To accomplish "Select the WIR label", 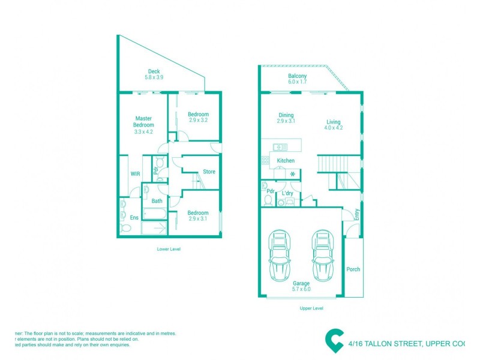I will tap(136, 174).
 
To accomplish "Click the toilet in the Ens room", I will tap(124, 228).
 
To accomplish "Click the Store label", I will tap(209, 172).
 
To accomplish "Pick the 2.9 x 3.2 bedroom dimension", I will tap(198, 121).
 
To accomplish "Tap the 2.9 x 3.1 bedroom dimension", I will tap(198, 219).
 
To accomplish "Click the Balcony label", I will tap(297, 76).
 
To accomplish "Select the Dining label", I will tap(286, 115).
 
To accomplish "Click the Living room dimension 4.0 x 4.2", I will tap(333, 128).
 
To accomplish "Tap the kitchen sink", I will tap(280, 147).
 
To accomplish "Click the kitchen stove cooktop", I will tap(265, 160).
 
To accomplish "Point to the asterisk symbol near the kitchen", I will tap(293, 174).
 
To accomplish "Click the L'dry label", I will tap(287, 193).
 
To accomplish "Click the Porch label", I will tap(353, 269).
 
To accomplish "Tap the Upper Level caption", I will tap(311, 308).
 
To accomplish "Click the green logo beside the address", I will tap(334, 340).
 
